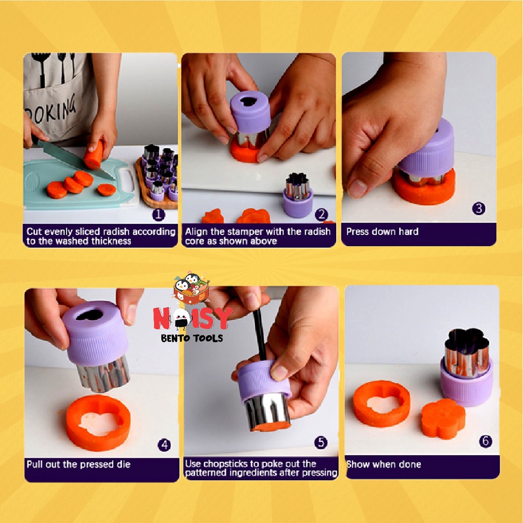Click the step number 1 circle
(x=158, y=215)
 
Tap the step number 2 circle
(x=321, y=215)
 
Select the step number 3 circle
(x=479, y=208)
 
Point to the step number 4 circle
(x=164, y=445)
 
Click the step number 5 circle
(x=321, y=442)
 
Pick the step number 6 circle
(x=486, y=441)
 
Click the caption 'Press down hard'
(x=382, y=231)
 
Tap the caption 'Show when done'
(x=384, y=464)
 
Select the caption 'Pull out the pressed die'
(x=78, y=464)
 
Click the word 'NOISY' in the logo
(x=193, y=318)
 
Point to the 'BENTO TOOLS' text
(x=192, y=338)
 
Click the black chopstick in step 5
(x=259, y=335)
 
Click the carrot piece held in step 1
(x=94, y=155)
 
